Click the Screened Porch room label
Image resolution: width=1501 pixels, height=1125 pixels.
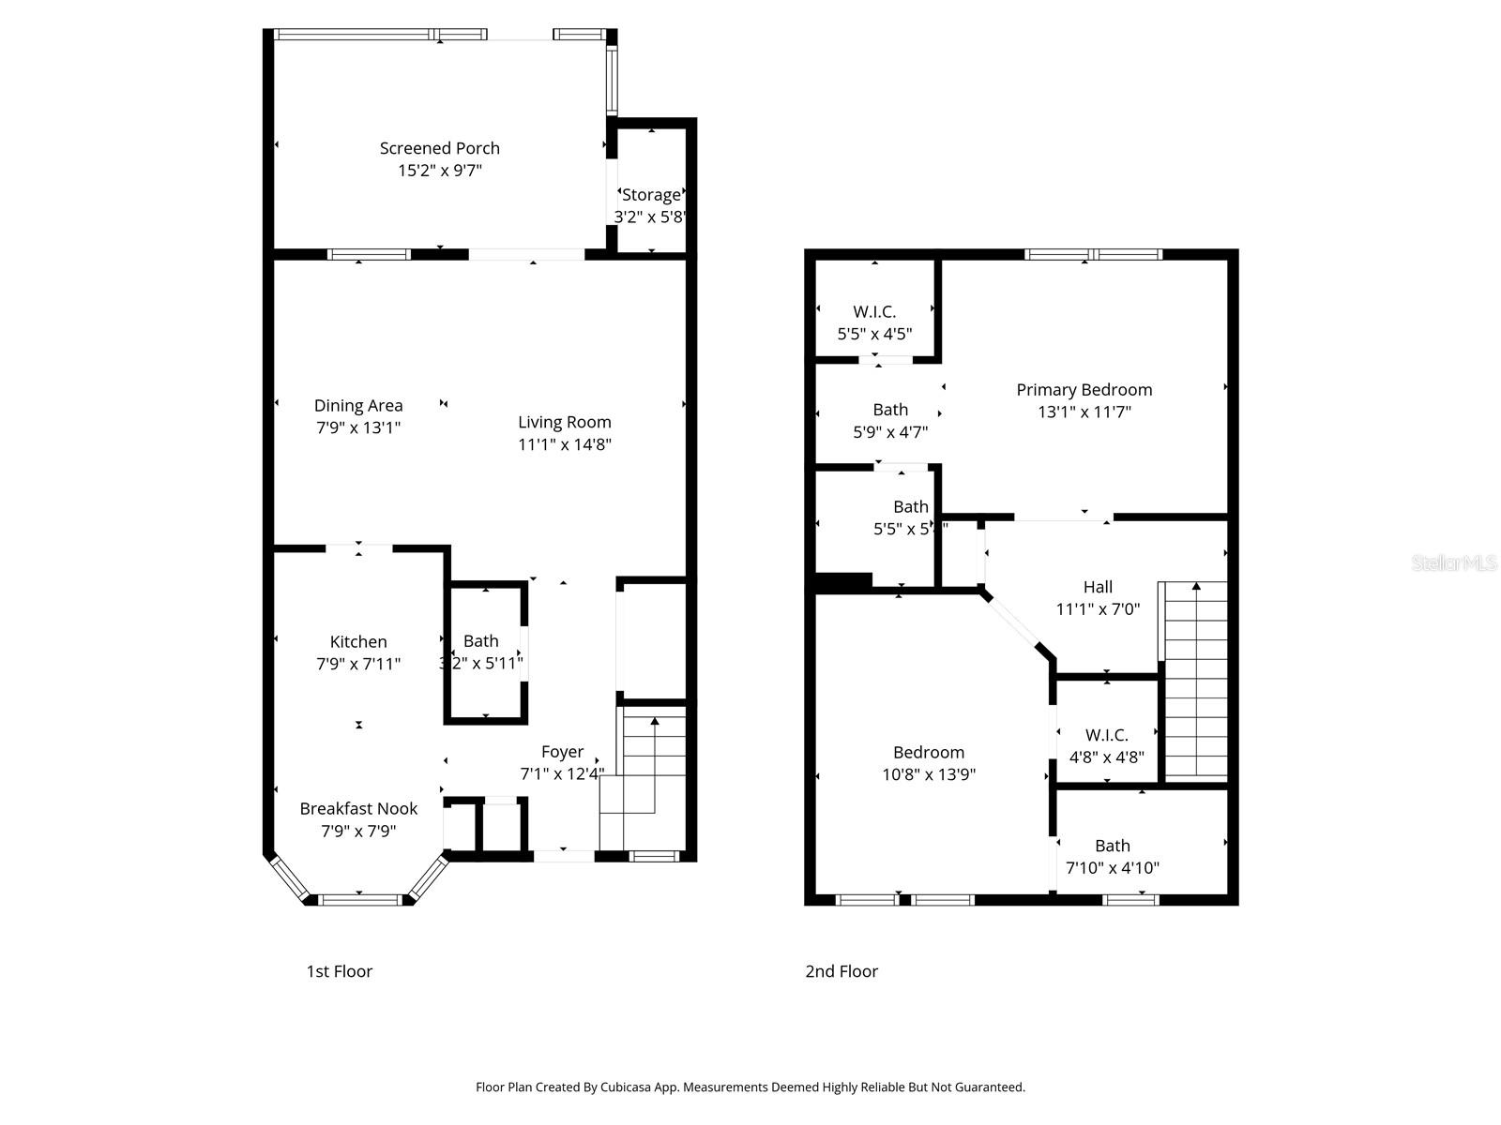coord(439,148)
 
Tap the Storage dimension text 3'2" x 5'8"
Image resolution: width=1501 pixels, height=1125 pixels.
coord(651,217)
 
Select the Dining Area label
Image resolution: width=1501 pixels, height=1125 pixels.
coord(358,406)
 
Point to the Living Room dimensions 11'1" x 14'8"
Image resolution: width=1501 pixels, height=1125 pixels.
coord(565,444)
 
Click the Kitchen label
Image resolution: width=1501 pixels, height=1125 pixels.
coord(358,642)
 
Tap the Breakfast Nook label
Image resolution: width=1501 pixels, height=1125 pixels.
coord(358,809)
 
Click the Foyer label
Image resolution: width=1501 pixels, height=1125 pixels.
coord(562,752)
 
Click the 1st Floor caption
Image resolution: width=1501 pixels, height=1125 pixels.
coord(339,971)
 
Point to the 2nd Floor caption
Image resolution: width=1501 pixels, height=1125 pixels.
coord(841,971)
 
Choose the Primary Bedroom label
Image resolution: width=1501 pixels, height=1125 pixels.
coord(1084,390)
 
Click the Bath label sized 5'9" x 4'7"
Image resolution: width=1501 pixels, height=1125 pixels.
coord(890,410)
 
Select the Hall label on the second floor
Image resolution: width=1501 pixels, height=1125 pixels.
coord(1098,587)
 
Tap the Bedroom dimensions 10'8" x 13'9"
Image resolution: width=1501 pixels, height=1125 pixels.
coord(929,774)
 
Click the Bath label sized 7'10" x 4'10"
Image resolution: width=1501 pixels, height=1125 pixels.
coord(1113,846)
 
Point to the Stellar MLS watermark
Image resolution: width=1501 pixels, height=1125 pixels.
coord(1454,562)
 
